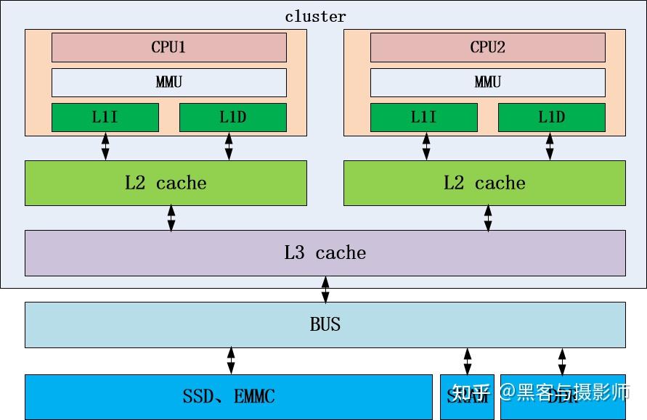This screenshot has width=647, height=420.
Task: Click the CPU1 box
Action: coord(168,47)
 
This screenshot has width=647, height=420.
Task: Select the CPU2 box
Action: coord(487,47)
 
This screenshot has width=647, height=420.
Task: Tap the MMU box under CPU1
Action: coord(168,82)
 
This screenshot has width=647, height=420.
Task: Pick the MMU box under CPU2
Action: coord(487,82)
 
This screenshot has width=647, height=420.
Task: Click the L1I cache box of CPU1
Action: coord(105,118)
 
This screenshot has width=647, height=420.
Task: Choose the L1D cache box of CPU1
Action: coord(232,118)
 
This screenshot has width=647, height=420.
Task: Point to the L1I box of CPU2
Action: coord(424,118)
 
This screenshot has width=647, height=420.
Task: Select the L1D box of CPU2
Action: coord(551,118)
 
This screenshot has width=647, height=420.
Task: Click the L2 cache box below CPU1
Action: coord(166,183)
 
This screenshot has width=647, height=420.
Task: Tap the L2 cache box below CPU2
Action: coord(484,183)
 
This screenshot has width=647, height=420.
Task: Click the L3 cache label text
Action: coord(325,253)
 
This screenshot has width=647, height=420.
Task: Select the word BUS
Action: coord(325,324)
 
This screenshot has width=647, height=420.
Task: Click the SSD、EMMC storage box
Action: coord(229,396)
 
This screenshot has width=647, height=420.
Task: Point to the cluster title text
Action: coord(315,16)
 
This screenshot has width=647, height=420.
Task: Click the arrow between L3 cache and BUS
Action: coord(325,289)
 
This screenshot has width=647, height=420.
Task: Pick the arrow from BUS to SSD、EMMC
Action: coord(231,361)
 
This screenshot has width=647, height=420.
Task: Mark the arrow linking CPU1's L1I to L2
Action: coord(105,147)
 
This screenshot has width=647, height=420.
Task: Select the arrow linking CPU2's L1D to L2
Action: coord(550,147)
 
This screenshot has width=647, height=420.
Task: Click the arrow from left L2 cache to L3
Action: coord(171,218)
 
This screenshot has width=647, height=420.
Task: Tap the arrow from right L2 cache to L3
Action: coord(488,218)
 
